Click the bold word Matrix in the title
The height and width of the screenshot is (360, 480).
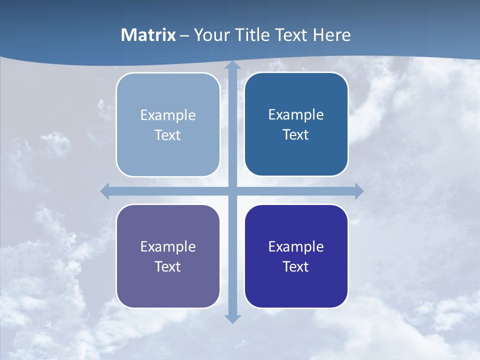tap(148, 35)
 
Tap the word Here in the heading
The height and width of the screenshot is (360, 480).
tap(332, 35)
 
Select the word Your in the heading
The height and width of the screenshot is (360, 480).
tap(210, 35)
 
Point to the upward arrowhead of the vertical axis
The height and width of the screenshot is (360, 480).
tap(232, 65)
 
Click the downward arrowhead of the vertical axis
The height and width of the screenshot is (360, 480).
tap(232, 318)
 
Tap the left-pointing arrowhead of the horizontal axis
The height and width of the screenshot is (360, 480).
tap(105, 191)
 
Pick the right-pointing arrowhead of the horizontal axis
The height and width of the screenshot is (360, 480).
tap(359, 191)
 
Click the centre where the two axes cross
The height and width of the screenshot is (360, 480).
tap(232, 191)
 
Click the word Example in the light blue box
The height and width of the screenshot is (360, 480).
tap(168, 115)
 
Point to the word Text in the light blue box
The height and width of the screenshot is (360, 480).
tap(168, 135)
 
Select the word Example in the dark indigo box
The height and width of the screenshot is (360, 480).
tap(296, 246)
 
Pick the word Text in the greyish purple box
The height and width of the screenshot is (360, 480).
tap(168, 266)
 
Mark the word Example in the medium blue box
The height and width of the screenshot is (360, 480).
tap(296, 115)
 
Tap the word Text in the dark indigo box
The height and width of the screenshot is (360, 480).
tap(296, 266)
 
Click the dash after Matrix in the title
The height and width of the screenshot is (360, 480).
tap(184, 35)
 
